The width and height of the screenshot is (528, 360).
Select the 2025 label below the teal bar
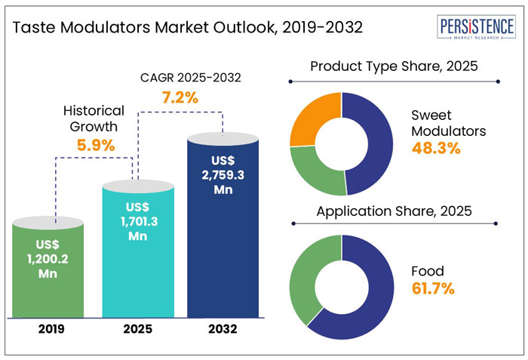point(137,329)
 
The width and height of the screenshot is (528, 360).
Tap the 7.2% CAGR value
point(179,97)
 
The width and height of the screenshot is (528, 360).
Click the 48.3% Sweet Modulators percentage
point(435,148)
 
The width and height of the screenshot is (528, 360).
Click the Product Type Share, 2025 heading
point(392,67)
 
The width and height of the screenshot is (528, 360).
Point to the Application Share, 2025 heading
point(392,210)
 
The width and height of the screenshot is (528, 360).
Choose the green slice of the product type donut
point(311,162)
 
